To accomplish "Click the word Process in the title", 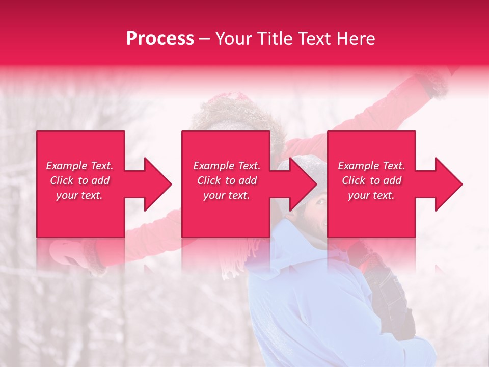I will [x=160, y=38].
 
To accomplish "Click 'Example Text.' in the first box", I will [x=79, y=166].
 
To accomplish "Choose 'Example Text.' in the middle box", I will [x=227, y=166].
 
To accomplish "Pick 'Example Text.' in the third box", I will [x=371, y=166].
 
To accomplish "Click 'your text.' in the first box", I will [x=79, y=195].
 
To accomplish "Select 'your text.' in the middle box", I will [x=227, y=195].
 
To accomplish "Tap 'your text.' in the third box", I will [x=371, y=195].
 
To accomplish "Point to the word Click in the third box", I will [x=354, y=180].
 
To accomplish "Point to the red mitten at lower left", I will [x=76, y=255].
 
